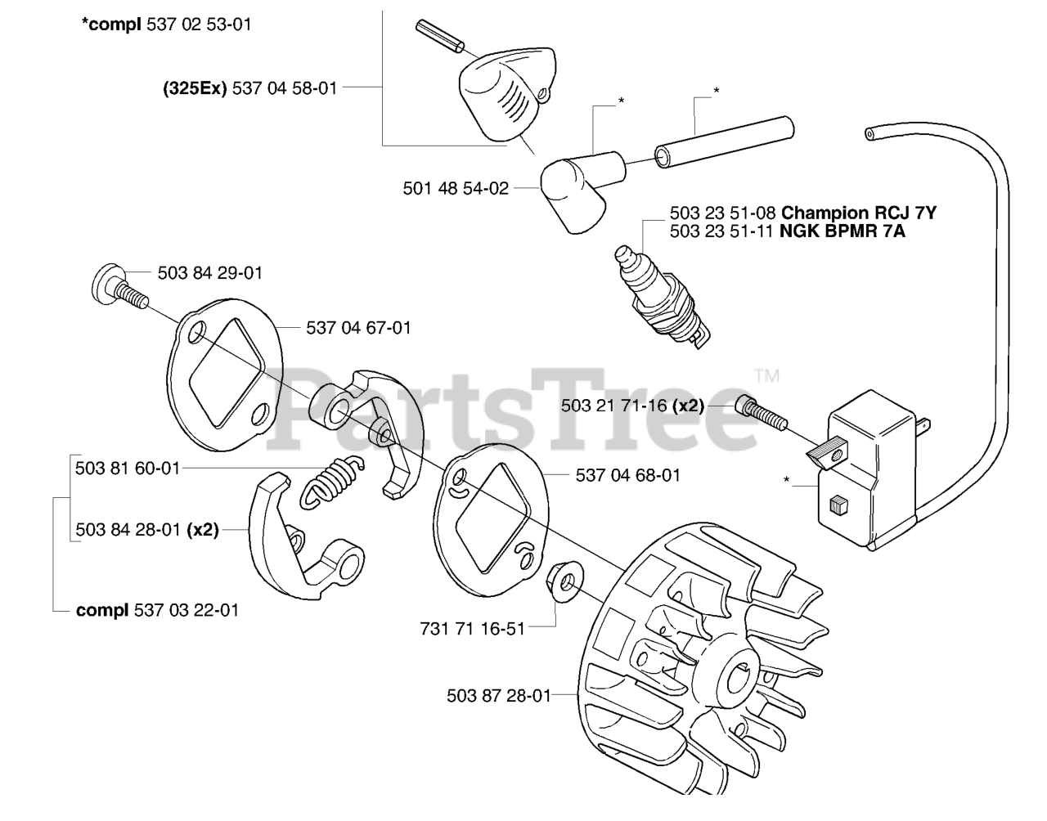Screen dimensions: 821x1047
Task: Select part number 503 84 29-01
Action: (209, 273)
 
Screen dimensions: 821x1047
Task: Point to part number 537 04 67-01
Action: (358, 328)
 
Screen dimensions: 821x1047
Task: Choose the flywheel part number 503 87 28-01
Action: (498, 696)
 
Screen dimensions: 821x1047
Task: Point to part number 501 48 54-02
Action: (456, 189)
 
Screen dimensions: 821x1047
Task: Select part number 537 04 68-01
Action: (627, 475)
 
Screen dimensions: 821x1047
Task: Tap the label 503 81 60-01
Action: (127, 469)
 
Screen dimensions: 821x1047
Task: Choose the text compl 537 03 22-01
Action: (157, 611)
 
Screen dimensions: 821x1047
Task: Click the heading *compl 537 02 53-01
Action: (166, 25)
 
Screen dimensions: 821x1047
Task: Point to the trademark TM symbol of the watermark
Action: (766, 377)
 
